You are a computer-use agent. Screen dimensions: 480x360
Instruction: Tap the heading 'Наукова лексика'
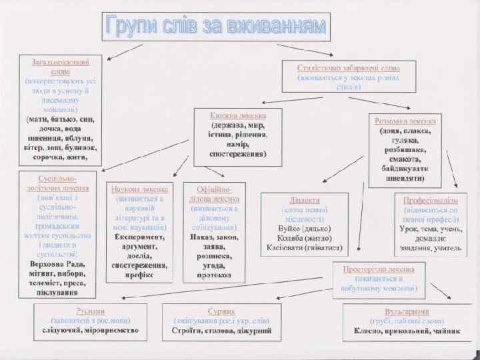tap(140, 189)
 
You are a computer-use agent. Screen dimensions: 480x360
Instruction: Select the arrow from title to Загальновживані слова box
tap(125, 51)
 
